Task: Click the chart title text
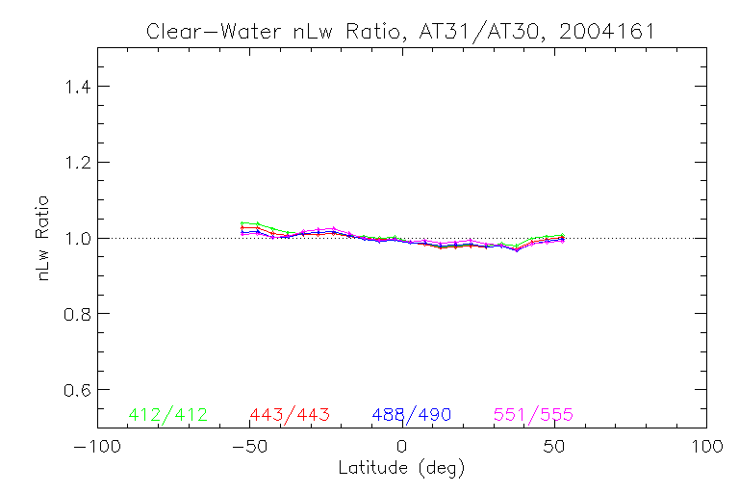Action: pos(400,31)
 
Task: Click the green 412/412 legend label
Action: pos(167,415)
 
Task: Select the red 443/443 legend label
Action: pos(290,415)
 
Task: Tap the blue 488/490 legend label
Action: pos(412,415)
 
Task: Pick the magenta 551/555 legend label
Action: pos(533,415)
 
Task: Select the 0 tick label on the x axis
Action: pos(402,447)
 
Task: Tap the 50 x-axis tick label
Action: pos(554,447)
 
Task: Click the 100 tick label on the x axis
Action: pos(706,447)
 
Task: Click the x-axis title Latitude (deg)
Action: pos(401,469)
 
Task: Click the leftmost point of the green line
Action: pos(242,223)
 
